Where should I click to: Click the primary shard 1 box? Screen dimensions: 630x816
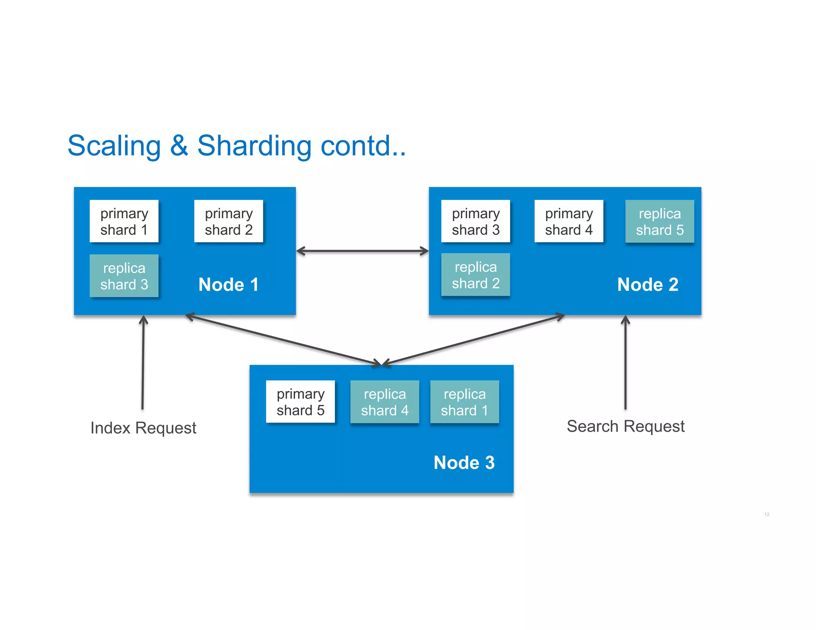click(x=124, y=221)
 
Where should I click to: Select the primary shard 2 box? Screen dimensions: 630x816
click(x=228, y=221)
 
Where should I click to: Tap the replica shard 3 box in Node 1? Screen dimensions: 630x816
click(x=124, y=276)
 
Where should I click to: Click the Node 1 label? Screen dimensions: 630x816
click(x=228, y=284)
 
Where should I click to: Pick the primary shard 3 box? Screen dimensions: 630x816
click(x=475, y=221)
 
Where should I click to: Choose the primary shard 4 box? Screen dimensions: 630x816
click(x=569, y=221)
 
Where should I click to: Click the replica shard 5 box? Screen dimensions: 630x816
click(x=659, y=221)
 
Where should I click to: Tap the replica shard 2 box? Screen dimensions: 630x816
click(x=475, y=274)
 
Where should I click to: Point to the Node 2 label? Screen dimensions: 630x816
click(x=647, y=284)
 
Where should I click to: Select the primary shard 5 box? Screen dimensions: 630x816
click(x=300, y=401)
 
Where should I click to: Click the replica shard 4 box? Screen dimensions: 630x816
click(x=384, y=401)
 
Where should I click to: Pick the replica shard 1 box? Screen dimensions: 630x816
click(x=464, y=401)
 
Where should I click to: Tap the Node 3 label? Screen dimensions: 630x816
click(x=464, y=462)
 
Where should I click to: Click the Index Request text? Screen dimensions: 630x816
click(x=143, y=428)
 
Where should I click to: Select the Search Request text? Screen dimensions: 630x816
click(x=626, y=426)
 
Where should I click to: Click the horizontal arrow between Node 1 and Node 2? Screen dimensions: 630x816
click(x=362, y=251)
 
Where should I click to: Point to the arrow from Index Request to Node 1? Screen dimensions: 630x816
click(x=143, y=362)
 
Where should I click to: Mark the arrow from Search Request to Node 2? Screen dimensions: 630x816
click(x=626, y=362)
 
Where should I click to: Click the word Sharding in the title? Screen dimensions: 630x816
click(x=254, y=146)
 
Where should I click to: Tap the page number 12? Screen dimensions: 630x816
click(x=767, y=514)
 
